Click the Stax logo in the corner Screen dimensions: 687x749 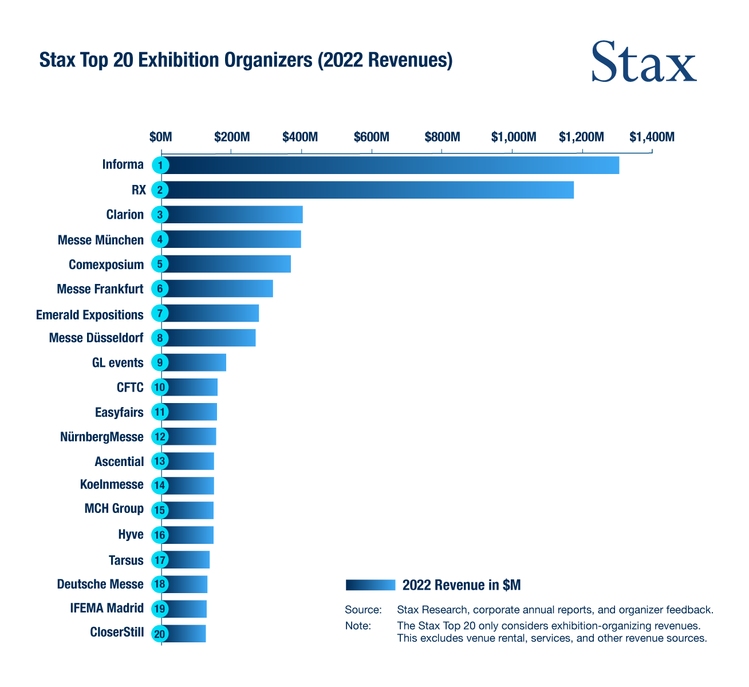[644, 62]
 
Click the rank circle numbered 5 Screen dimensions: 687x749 [160, 264]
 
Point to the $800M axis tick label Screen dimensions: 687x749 [442, 137]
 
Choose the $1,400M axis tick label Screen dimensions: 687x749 [652, 137]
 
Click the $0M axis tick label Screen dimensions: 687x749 [160, 137]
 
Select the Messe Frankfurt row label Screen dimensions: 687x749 [100, 289]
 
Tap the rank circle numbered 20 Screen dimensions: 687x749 [160, 634]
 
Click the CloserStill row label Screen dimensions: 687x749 [117, 633]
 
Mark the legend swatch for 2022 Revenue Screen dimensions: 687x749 [370, 585]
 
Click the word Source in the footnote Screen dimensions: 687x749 [363, 610]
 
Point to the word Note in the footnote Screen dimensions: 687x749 [358, 626]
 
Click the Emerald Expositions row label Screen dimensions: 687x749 [90, 315]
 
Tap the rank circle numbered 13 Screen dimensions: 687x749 [160, 461]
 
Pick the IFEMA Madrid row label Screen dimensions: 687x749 [107, 608]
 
